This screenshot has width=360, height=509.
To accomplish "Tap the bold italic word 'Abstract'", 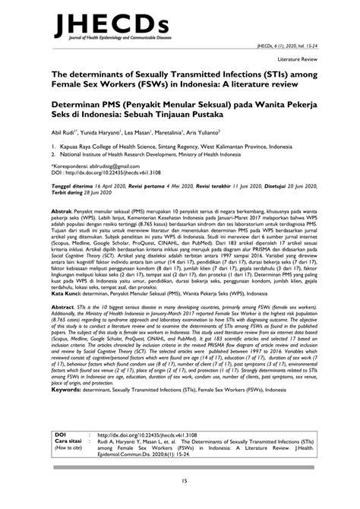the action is click(x=65, y=321).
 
